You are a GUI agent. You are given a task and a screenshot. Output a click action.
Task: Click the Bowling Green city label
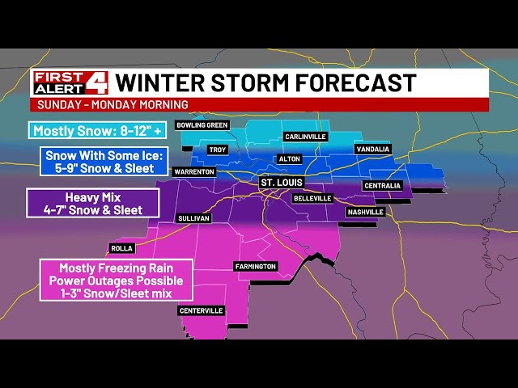click(x=202, y=125)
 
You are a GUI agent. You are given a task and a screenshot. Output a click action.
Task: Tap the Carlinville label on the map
click(x=308, y=137)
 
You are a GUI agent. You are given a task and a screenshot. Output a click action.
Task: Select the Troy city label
click(x=217, y=150)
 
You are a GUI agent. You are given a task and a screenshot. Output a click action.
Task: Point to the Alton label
click(x=289, y=159)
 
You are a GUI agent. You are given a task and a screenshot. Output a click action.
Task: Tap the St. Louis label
click(x=281, y=183)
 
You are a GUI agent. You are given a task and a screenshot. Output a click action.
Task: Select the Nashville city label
click(x=364, y=212)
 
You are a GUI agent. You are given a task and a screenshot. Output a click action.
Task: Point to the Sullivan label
click(x=193, y=218)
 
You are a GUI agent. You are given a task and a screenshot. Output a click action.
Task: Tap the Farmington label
click(x=256, y=266)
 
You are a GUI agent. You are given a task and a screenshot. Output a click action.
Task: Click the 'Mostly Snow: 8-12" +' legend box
click(x=88, y=130)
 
